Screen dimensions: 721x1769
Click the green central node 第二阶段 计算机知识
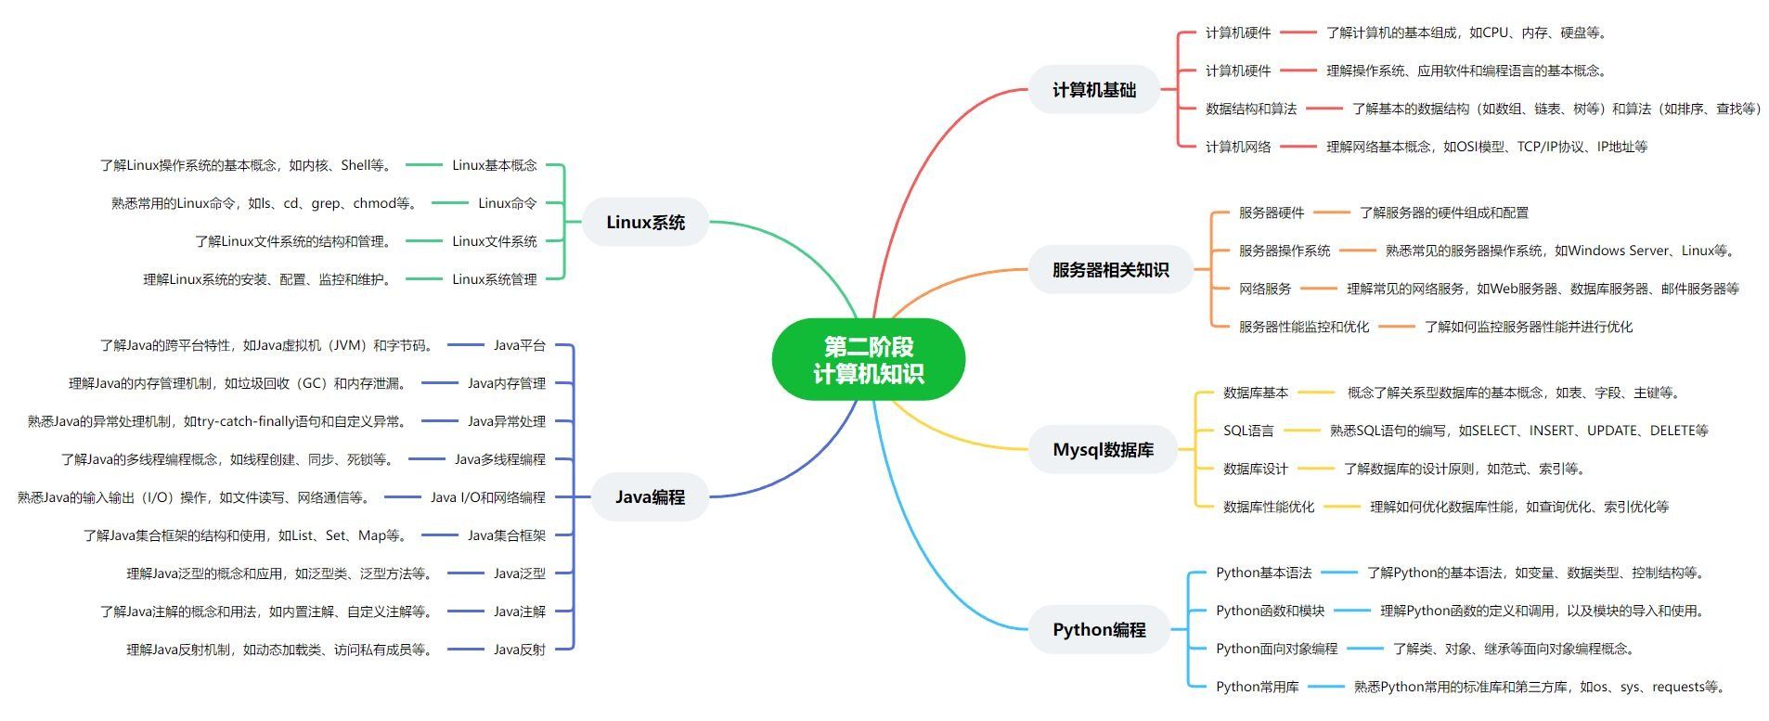pos(868,360)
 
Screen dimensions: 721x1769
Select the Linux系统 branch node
pos(645,223)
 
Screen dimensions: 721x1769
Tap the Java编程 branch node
pos(650,497)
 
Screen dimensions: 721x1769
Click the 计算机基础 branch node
pos(1093,90)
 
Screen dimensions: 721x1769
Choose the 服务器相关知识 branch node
pos(1110,270)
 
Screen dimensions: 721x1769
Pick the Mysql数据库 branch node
pos(1103,450)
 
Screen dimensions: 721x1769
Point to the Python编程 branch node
pos(1099,630)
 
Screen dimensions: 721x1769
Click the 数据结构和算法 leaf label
pos(1250,109)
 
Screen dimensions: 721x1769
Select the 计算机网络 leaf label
pos(1237,147)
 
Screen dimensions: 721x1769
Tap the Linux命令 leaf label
pos(507,203)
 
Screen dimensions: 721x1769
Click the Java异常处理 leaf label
pos(506,421)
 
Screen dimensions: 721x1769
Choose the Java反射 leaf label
pos(519,650)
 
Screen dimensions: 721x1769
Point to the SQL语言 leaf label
pos(1247,431)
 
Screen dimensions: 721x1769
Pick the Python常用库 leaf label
pos(1257,687)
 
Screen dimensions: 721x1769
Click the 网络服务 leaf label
pos(1264,289)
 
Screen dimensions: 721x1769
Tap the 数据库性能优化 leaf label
pos(1268,507)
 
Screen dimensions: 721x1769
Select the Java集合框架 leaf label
pos(506,535)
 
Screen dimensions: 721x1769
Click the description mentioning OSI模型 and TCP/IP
pos(1486,147)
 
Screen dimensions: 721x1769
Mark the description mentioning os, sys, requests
pos(1541,687)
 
